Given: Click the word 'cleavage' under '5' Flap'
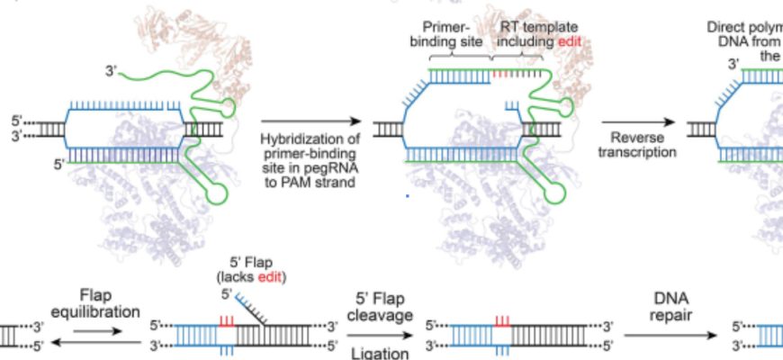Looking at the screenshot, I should click(380, 317).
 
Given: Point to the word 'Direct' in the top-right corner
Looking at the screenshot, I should click(726, 26).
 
